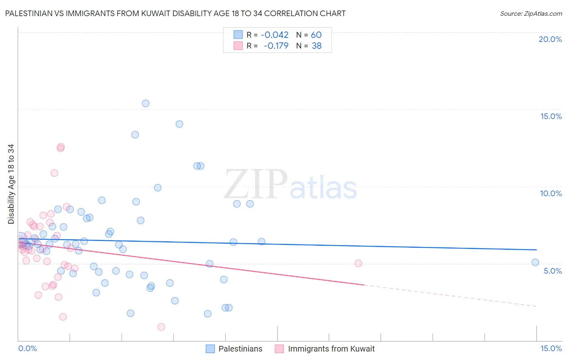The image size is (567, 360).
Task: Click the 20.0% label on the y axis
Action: tap(550, 39)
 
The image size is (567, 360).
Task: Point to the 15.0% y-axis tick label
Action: tap(551, 116)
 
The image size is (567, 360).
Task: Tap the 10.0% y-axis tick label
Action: tap(551, 193)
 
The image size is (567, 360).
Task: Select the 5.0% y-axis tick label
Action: tap(552, 271)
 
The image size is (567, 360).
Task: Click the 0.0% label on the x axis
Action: tap(27, 348)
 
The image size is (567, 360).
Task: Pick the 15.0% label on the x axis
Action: tap(551, 348)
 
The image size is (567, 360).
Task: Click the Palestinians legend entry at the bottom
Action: tap(240, 349)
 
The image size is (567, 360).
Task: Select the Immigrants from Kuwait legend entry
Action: tap(331, 349)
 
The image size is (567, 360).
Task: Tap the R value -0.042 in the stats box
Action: tap(275, 35)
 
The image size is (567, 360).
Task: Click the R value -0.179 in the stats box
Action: tap(276, 46)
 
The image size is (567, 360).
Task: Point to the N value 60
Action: tap(316, 35)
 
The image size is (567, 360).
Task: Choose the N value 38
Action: tap(317, 46)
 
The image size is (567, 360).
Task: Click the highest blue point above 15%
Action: tap(146, 103)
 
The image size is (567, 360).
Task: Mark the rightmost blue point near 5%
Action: tap(535, 262)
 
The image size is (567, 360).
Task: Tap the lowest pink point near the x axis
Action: tap(161, 327)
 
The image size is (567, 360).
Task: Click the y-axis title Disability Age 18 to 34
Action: tap(11, 184)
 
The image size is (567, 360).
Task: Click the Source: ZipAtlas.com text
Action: tap(531, 14)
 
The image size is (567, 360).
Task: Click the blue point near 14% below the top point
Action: tap(179, 124)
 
